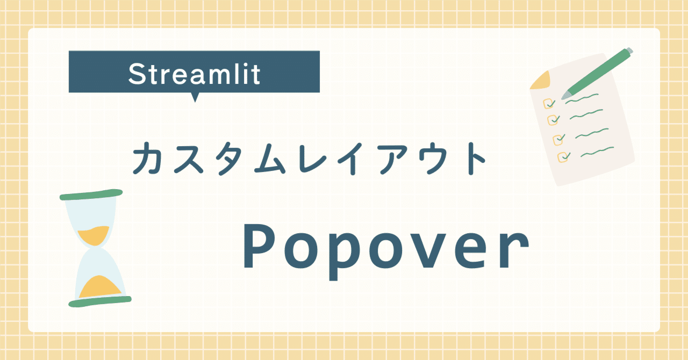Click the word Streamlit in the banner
point(194,75)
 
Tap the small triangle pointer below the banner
point(195,97)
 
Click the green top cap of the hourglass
point(91,194)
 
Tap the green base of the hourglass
point(100,301)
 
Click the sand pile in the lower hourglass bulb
point(100,286)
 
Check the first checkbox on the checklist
point(549,103)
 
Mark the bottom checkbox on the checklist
point(563,156)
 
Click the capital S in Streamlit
point(137,74)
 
